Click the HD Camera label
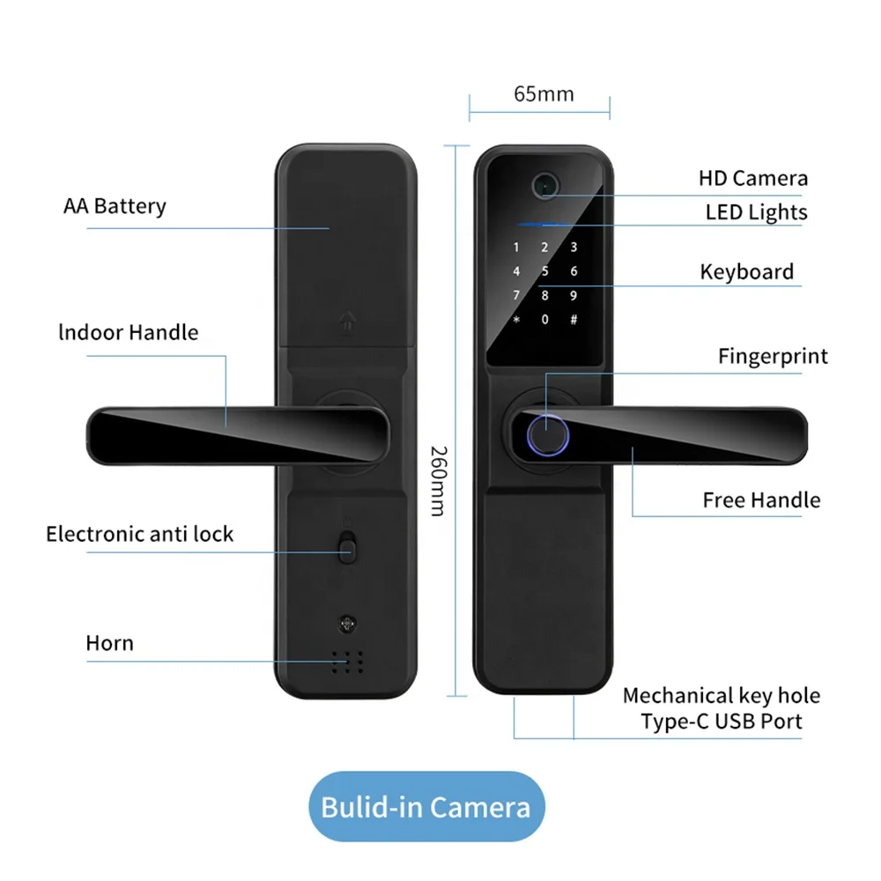point(752,179)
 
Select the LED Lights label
point(756,212)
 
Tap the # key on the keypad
point(574,319)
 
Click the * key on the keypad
point(517,319)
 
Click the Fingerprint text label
point(773,357)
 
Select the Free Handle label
point(761,500)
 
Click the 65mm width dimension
point(544,94)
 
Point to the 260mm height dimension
point(438,479)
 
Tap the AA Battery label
point(115,206)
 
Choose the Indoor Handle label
point(129,332)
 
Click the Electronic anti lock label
point(140,534)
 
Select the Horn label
point(110,643)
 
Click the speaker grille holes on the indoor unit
point(348,661)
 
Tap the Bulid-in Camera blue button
point(426,807)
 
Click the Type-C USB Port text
point(721,721)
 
